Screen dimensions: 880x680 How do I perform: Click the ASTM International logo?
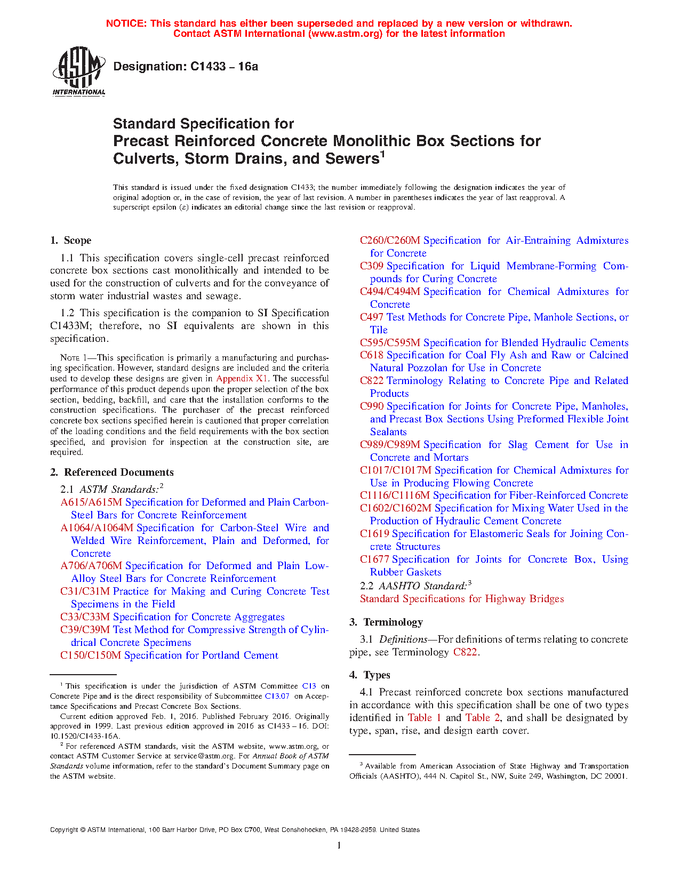click(x=79, y=71)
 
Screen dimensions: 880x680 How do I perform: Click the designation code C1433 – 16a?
click(x=186, y=67)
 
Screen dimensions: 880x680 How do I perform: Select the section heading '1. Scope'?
click(x=71, y=241)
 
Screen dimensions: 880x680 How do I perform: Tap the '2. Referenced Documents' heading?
click(x=112, y=473)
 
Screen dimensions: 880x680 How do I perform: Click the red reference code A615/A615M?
click(x=91, y=502)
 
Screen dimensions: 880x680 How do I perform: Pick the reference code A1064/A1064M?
click(x=97, y=528)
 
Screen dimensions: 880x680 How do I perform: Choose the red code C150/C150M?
click(x=91, y=655)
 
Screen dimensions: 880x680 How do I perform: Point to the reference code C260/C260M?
click(x=390, y=241)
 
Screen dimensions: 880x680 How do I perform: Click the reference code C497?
click(x=371, y=317)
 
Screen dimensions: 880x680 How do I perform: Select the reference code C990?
click(x=372, y=406)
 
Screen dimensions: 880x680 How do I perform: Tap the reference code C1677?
click(x=374, y=559)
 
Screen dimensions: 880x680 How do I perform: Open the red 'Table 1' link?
click(x=425, y=718)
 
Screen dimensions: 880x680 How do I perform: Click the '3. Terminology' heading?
click(x=386, y=622)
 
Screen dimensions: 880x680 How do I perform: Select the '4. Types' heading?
click(x=370, y=675)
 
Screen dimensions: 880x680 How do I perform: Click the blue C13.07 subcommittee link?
click(x=277, y=696)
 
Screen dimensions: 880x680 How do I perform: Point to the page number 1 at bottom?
click(x=339, y=845)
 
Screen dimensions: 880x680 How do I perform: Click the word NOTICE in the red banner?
click(x=126, y=23)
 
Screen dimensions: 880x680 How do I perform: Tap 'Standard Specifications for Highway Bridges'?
click(x=462, y=599)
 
